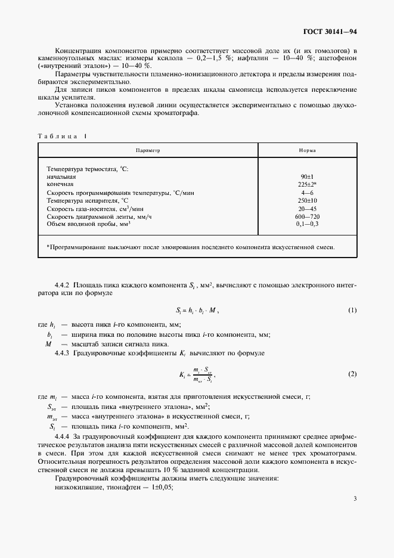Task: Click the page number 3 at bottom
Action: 355,514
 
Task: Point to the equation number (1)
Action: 352,310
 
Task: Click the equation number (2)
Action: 352,374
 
